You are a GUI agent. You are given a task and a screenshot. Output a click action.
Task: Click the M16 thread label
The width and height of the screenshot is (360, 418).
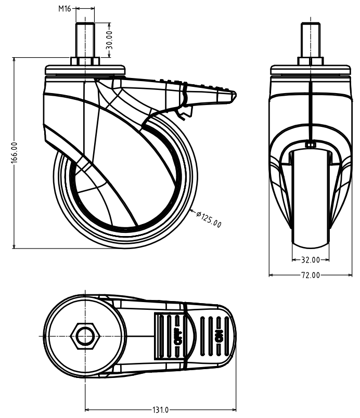coord(65,9)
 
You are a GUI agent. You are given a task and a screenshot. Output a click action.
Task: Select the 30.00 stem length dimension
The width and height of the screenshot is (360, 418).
coord(109,40)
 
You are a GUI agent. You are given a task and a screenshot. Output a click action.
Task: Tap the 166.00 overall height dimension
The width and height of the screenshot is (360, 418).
coord(14,152)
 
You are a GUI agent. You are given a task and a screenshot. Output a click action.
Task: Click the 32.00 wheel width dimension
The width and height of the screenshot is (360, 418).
coord(311,259)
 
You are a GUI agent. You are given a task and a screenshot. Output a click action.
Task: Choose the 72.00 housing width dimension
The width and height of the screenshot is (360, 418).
coord(311,275)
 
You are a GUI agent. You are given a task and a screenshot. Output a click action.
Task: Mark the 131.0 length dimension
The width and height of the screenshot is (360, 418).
coord(161,410)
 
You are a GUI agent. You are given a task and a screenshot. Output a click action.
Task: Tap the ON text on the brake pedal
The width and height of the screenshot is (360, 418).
coord(219,336)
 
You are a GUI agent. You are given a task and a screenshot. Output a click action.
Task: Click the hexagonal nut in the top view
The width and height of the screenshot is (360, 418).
coord(85,336)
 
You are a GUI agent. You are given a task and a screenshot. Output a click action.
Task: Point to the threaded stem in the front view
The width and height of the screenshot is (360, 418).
coord(311,40)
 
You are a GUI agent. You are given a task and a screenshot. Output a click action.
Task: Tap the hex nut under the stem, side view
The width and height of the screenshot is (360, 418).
coord(85,61)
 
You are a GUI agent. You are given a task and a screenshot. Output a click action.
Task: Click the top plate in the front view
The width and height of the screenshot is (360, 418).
coord(311,70)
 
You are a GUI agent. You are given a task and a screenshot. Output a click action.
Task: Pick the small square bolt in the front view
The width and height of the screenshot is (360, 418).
coord(311,145)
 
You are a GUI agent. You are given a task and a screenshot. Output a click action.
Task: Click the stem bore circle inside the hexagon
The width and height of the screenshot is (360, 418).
coord(85,336)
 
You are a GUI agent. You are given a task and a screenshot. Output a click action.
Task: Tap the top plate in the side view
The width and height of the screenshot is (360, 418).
coord(85,70)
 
